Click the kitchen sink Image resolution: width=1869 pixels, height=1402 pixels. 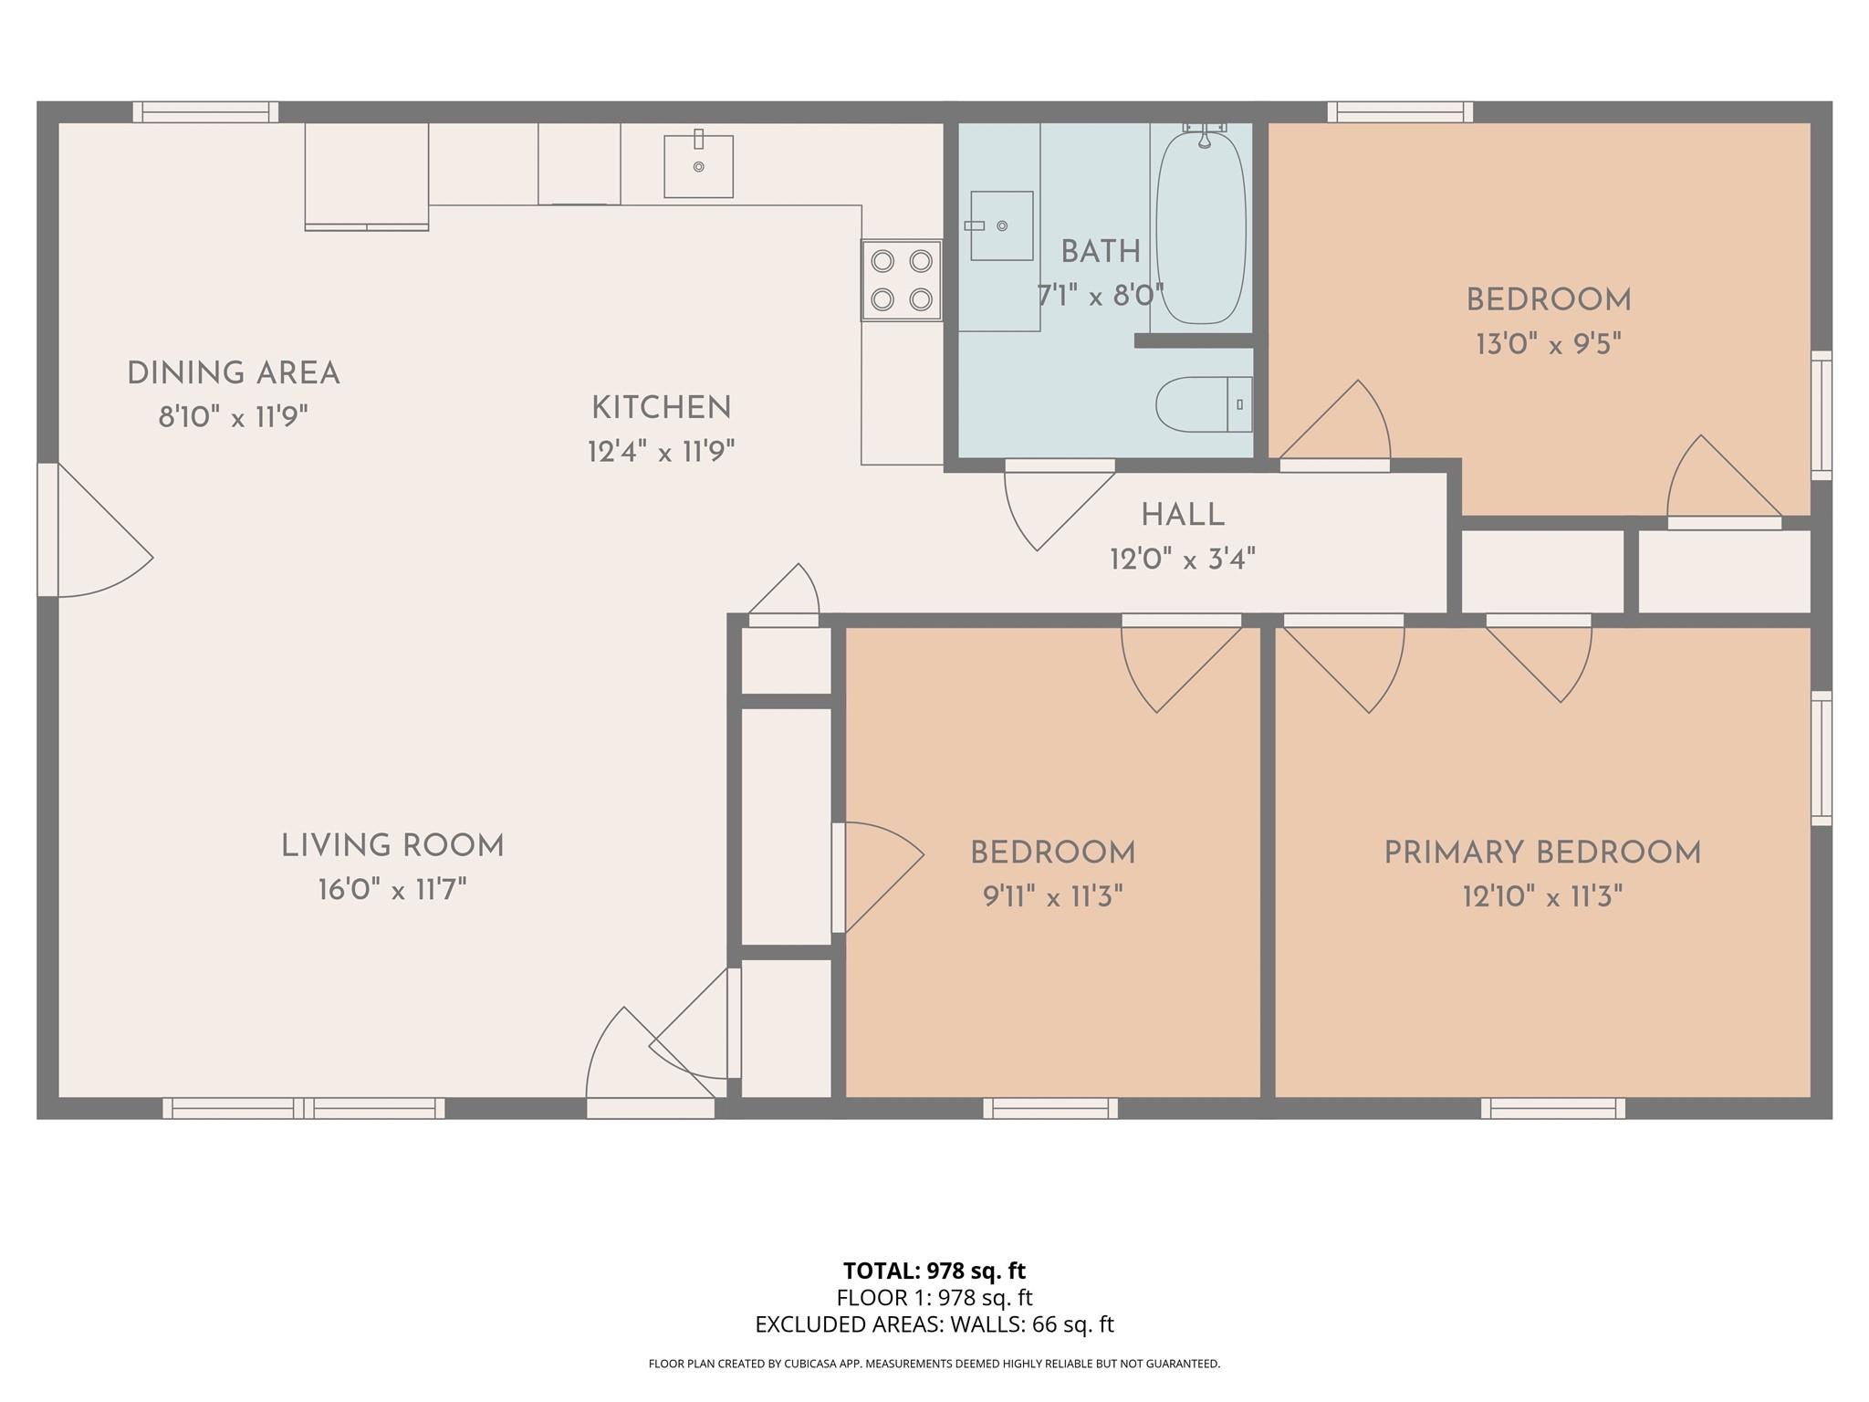tap(698, 166)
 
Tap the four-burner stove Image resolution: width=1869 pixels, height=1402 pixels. tap(902, 280)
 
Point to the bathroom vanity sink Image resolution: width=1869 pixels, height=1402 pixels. tap(1001, 225)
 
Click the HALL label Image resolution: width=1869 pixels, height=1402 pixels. tap(1183, 516)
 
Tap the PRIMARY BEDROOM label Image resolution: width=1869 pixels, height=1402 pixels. tap(1542, 853)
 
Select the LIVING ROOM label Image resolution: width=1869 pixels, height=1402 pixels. tap(392, 846)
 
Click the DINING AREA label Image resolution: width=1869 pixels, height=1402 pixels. tap(233, 373)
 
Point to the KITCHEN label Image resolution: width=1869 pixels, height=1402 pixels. tap(662, 408)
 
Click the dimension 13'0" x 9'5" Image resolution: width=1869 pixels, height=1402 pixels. tap(1548, 344)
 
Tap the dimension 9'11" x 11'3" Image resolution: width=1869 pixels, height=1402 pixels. tap(1052, 897)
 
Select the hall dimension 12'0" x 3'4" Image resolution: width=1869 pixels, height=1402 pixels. tap(1183, 559)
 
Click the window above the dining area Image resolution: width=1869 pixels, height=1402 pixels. tap(205, 112)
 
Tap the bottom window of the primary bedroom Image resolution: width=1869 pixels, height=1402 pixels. tap(1552, 1108)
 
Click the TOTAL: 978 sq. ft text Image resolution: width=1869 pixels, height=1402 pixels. tap(934, 1271)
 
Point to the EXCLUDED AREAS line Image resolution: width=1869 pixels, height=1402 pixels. tap(934, 1324)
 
